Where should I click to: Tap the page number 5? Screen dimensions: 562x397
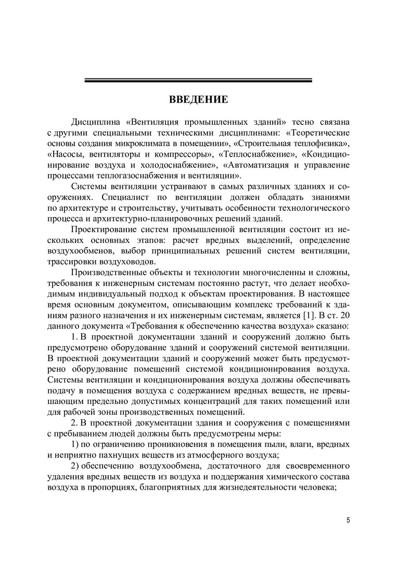coord(348,520)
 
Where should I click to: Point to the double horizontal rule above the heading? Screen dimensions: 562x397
coord(198,80)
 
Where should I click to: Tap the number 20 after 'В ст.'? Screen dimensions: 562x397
coord(344,315)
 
